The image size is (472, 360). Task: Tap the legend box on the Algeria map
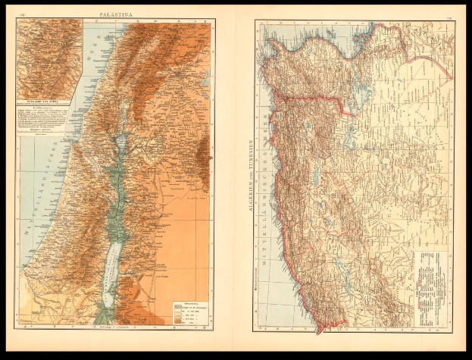[430, 280]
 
